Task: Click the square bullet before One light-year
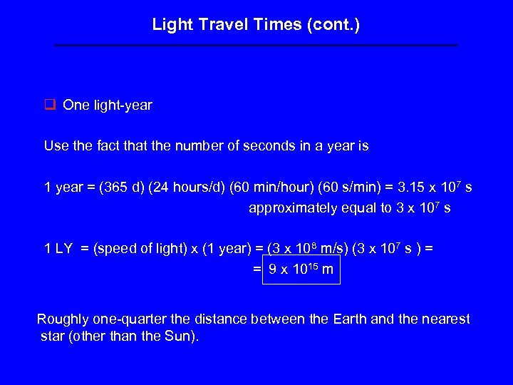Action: (x=50, y=106)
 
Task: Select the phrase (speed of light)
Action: (x=138, y=250)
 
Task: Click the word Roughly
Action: (x=62, y=319)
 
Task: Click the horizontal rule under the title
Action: (x=256, y=45)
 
